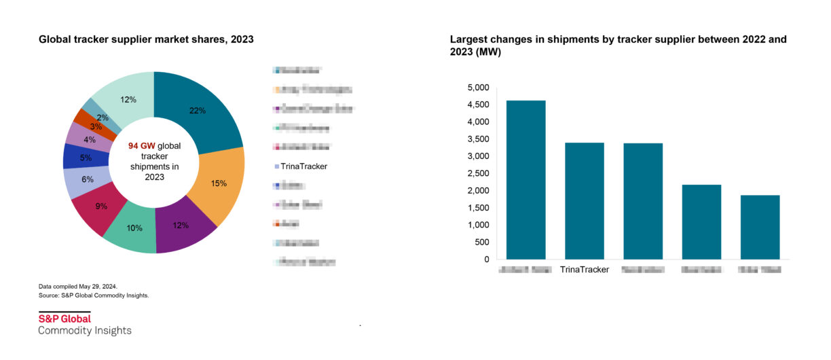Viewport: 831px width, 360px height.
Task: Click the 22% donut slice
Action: (198, 111)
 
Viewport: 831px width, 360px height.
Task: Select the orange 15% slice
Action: (218, 184)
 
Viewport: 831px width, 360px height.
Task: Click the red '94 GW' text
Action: (142, 145)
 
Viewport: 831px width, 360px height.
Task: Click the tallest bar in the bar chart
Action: (526, 179)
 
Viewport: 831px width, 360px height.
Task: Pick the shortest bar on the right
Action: (760, 227)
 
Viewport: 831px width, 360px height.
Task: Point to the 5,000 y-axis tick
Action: (478, 88)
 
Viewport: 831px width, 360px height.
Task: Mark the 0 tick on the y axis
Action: (486, 259)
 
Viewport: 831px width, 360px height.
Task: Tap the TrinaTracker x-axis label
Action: (585, 270)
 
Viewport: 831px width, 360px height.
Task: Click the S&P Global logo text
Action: (64, 319)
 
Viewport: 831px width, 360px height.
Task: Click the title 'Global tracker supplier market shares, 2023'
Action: (146, 39)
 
